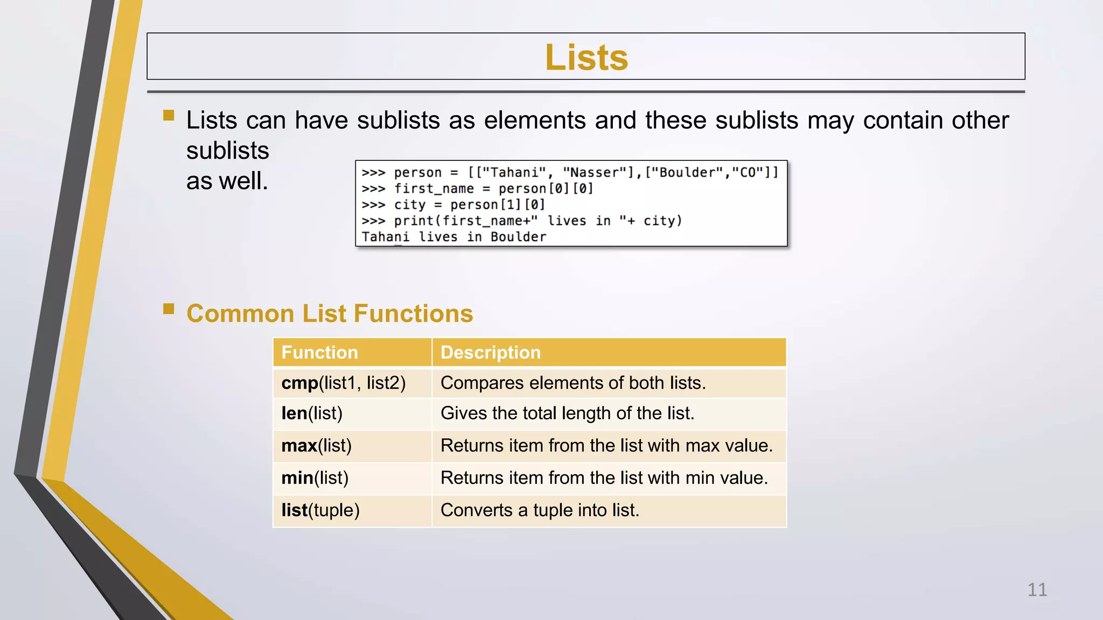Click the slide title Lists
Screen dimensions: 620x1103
click(x=586, y=57)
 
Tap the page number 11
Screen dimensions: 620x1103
click(x=1037, y=590)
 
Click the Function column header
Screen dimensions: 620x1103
click(x=319, y=353)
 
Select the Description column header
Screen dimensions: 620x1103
click(x=490, y=353)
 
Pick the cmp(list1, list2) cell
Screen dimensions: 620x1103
click(x=343, y=383)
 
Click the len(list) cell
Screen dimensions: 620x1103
click(x=312, y=413)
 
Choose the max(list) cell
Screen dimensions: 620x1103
click(x=316, y=446)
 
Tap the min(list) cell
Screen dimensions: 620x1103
click(x=315, y=478)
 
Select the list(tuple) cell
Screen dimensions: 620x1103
click(x=320, y=510)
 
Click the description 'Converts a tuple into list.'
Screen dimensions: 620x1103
click(x=540, y=510)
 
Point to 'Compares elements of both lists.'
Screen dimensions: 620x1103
click(x=573, y=383)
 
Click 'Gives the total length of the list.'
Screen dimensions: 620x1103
click(x=567, y=413)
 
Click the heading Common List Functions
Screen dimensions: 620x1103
click(x=330, y=314)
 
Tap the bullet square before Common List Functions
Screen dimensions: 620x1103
click(x=169, y=308)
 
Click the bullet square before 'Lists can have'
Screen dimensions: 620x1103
click(x=169, y=115)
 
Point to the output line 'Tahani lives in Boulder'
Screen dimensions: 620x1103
click(x=453, y=237)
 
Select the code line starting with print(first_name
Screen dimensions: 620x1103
click(x=521, y=221)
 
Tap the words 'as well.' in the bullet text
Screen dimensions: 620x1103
click(x=227, y=181)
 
